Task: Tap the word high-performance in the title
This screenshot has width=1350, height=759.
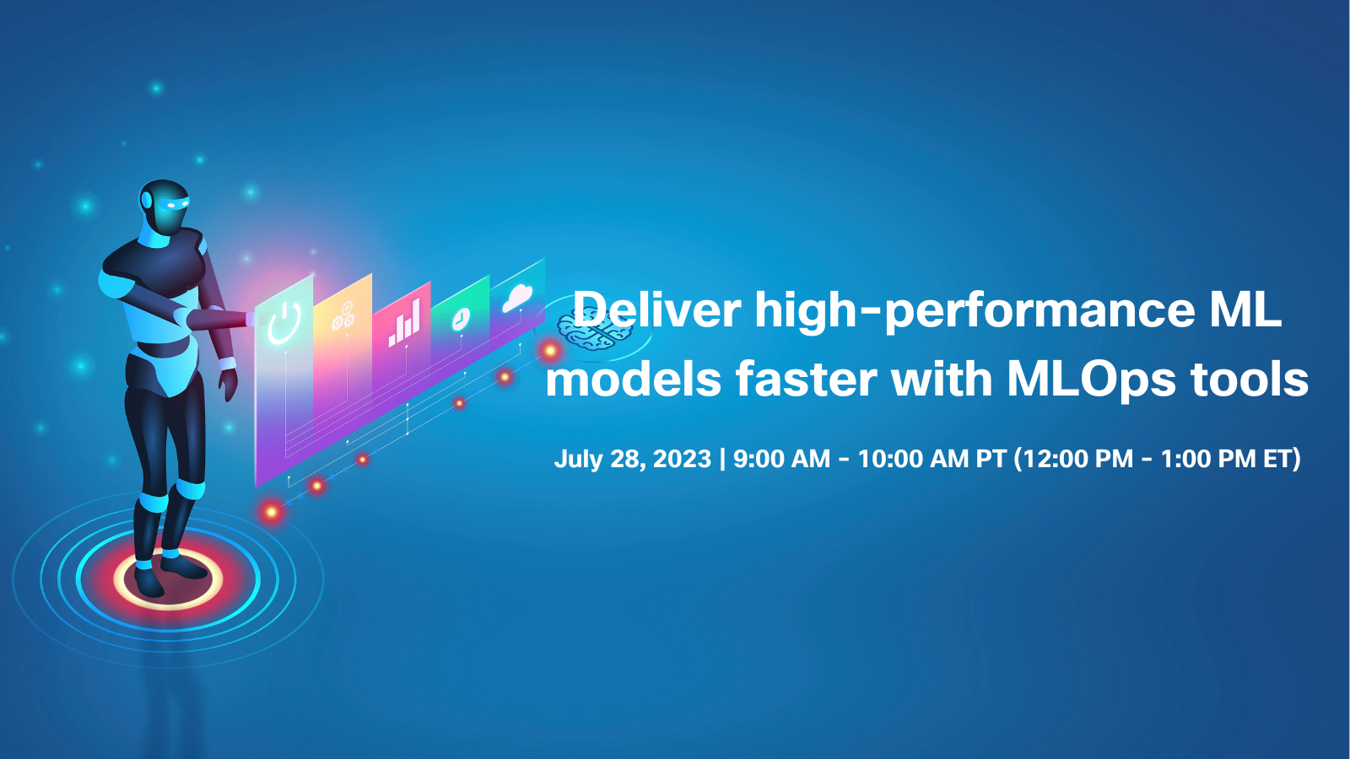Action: (x=975, y=313)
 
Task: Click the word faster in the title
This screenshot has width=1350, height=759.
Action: (x=807, y=380)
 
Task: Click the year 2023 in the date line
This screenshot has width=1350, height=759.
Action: (x=683, y=459)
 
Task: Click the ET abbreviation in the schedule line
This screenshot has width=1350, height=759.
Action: (x=1278, y=459)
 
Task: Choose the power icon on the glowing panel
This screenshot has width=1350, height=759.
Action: (x=283, y=324)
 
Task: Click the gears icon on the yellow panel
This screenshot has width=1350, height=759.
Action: (x=343, y=315)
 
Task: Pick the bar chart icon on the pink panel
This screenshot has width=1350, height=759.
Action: (x=404, y=324)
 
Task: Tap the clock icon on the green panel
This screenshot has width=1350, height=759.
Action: (x=461, y=319)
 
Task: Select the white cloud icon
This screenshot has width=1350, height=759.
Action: (x=518, y=298)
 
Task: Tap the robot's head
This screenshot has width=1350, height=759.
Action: (x=164, y=207)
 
